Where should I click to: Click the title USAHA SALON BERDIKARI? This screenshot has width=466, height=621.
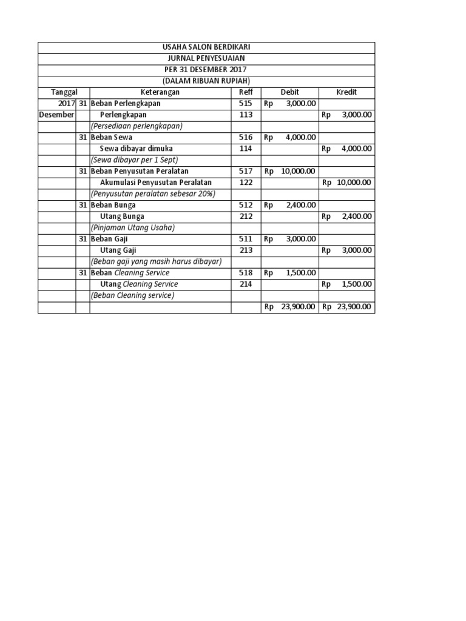pyautogui.click(x=206, y=47)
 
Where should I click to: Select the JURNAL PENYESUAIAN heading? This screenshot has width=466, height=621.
pyautogui.click(x=206, y=59)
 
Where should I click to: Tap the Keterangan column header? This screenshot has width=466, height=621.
pyautogui.click(x=160, y=92)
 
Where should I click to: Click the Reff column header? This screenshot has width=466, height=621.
pyautogui.click(x=245, y=92)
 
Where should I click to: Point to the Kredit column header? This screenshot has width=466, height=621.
pyautogui.click(x=346, y=92)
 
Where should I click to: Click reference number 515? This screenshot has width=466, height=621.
pyautogui.click(x=245, y=103)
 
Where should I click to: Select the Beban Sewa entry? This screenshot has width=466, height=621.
pyautogui.click(x=111, y=137)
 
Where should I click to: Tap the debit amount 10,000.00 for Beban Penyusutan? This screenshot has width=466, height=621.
pyautogui.click(x=298, y=171)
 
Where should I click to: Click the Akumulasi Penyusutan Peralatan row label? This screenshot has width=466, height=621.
pyautogui.click(x=155, y=183)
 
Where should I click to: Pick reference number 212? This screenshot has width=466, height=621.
pyautogui.click(x=245, y=216)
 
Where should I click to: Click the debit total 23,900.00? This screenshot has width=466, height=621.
pyautogui.click(x=298, y=307)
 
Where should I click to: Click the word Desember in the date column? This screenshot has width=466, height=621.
pyautogui.click(x=56, y=115)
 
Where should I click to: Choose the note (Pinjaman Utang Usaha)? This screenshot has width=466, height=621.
pyautogui.click(x=132, y=227)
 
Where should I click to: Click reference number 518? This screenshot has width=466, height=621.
pyautogui.click(x=245, y=273)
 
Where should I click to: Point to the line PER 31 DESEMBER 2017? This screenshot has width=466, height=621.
pyautogui.click(x=206, y=70)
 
